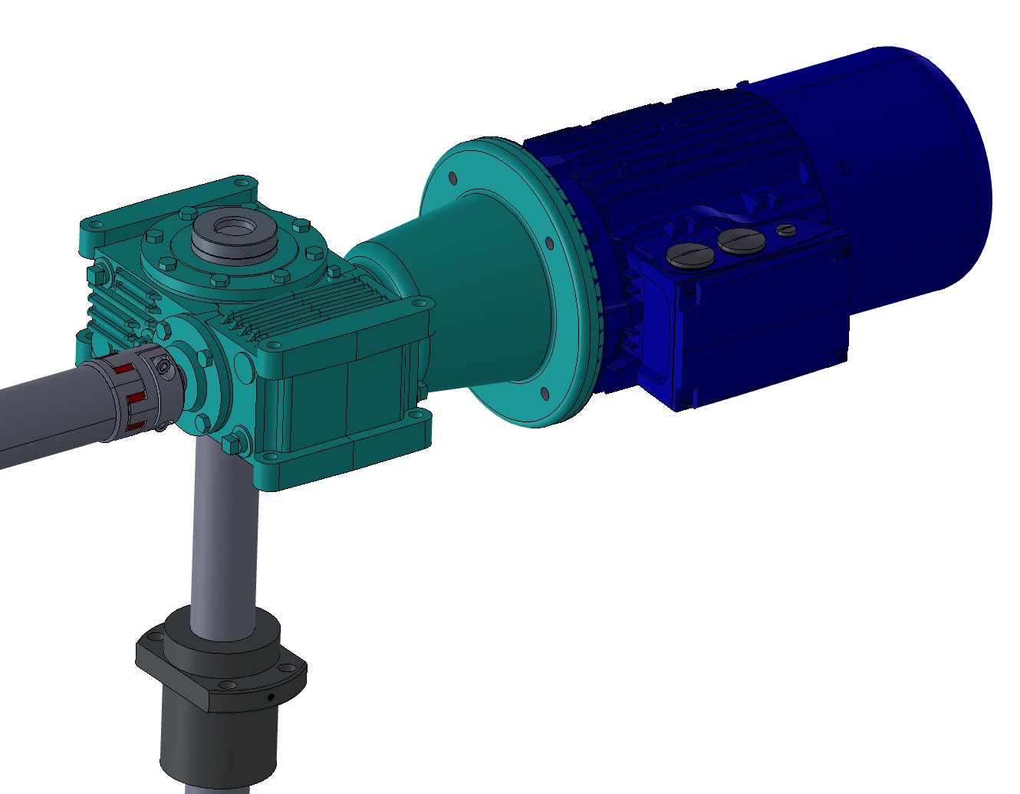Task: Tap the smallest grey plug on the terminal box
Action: coord(786,229)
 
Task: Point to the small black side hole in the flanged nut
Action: coord(270,697)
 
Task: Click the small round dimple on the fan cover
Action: coord(845,166)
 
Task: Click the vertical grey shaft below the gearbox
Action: coord(222,536)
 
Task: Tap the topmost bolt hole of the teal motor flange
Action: coord(452,178)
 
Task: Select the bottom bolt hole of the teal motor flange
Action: coord(545,393)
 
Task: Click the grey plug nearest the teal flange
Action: coord(686,255)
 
